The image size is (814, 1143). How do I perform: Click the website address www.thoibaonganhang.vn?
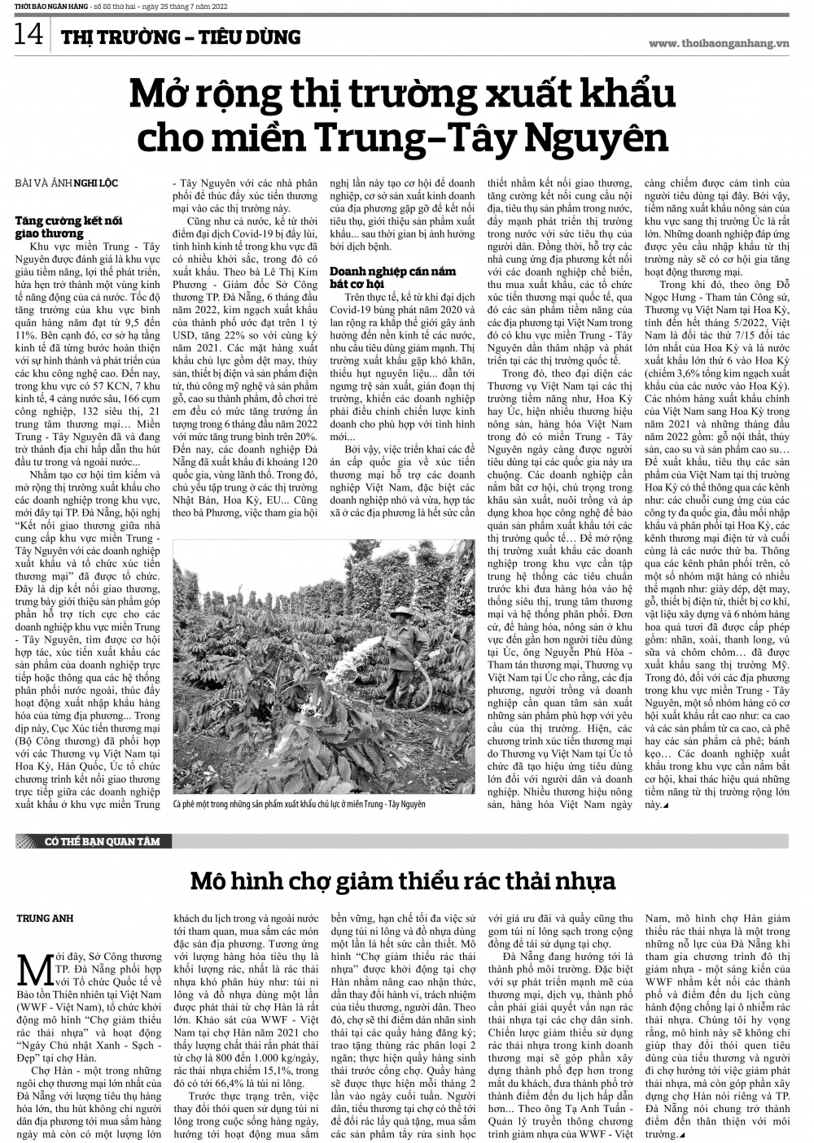click(x=720, y=43)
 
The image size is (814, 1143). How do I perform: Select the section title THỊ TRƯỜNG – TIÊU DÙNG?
click(x=180, y=37)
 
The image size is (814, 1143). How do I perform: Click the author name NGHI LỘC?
click(x=95, y=183)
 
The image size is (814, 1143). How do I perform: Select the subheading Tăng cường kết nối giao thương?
click(x=62, y=227)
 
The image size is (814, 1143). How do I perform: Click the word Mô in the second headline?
click(x=209, y=881)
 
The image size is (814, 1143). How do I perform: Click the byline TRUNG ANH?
click(x=45, y=918)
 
